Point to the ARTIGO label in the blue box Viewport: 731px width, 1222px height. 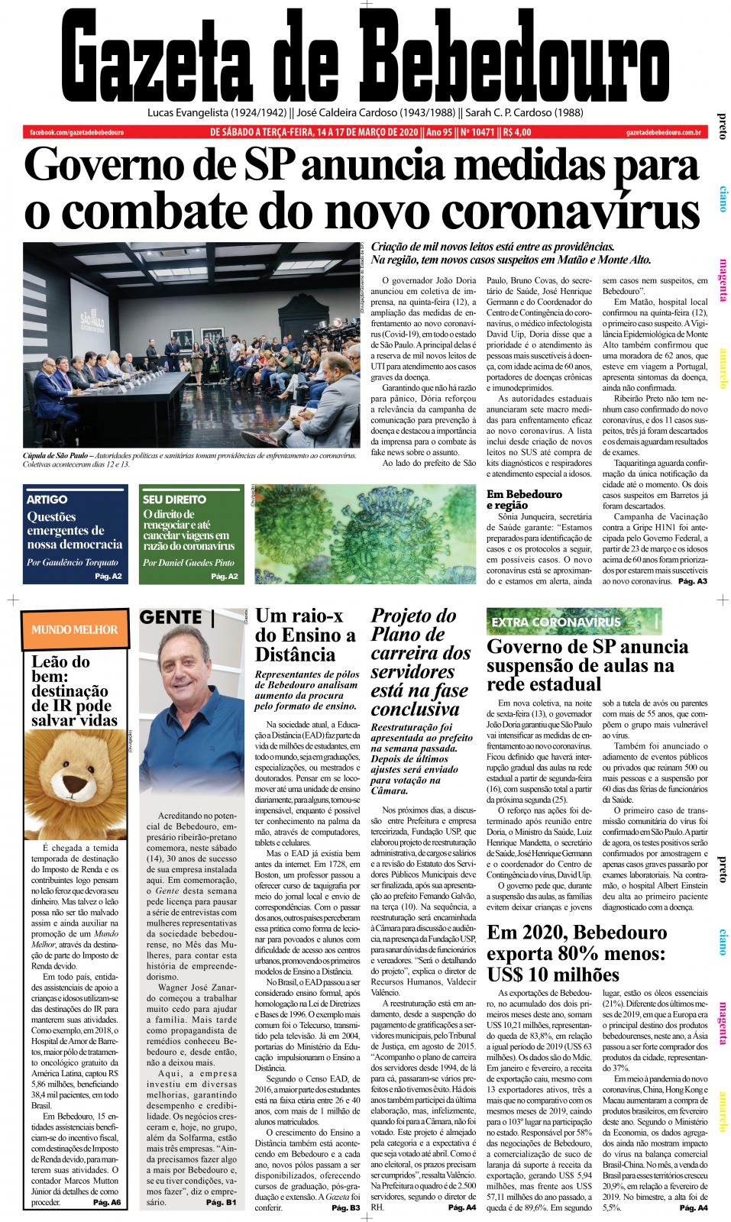pyautogui.click(x=47, y=499)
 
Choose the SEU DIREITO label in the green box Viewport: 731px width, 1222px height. pyautogui.click(x=170, y=499)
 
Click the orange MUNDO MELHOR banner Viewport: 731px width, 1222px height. pyautogui.click(x=74, y=629)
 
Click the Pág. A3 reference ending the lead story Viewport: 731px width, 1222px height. pyautogui.click(x=692, y=582)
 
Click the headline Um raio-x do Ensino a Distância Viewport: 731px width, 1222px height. pyautogui.click(x=305, y=635)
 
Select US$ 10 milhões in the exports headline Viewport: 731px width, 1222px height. pyautogui.click(x=553, y=975)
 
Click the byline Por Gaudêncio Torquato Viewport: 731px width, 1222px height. pyautogui.click(x=73, y=562)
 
